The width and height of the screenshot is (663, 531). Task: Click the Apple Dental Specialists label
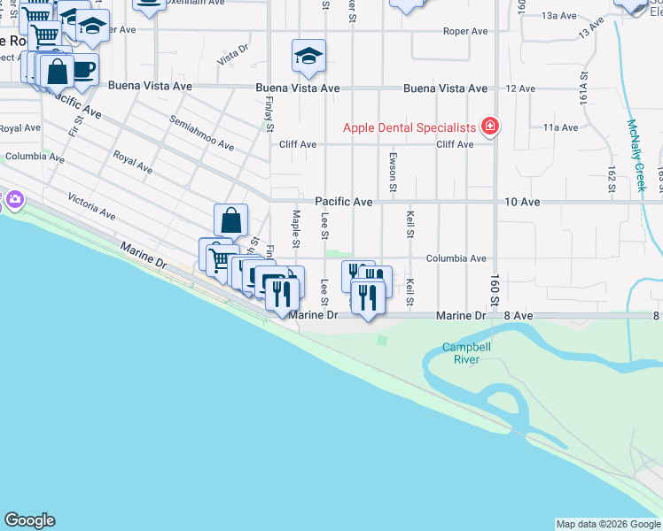(409, 127)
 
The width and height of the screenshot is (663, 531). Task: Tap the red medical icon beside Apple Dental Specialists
(489, 127)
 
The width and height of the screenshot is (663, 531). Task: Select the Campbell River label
(461, 354)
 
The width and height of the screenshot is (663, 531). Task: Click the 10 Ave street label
(522, 202)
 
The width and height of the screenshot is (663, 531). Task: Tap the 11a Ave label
(560, 127)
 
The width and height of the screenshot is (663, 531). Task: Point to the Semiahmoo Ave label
(202, 133)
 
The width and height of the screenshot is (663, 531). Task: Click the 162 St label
(612, 178)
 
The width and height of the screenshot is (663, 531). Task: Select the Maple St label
(296, 227)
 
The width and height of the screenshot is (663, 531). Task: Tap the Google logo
(29, 520)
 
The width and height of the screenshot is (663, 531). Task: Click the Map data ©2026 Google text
(607, 524)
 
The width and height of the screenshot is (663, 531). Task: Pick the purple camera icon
(12, 200)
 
